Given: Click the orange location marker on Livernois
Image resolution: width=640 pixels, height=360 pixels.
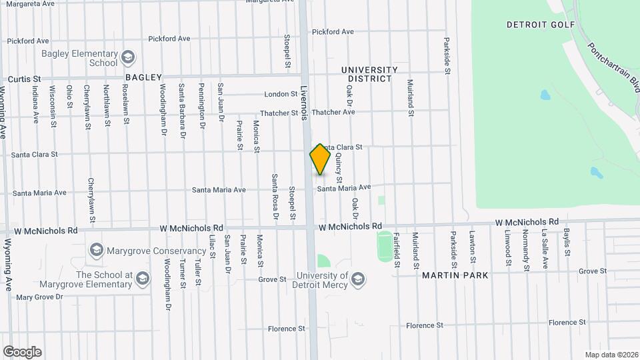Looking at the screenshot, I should (320, 159).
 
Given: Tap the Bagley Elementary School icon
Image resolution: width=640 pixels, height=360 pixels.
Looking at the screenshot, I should (127, 59).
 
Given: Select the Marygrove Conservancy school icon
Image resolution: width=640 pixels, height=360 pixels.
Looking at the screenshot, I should (97, 251).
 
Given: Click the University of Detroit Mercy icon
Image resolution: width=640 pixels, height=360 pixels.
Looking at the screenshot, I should (358, 279).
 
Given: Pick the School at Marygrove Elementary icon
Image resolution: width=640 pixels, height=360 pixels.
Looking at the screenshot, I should (142, 279).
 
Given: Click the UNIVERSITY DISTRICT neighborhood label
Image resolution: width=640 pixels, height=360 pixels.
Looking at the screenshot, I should (366, 74).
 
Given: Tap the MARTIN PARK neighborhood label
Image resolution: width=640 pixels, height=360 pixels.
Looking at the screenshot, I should (455, 275).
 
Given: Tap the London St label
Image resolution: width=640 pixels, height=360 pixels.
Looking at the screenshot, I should (280, 94).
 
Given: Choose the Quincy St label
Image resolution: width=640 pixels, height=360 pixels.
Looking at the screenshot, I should (339, 167).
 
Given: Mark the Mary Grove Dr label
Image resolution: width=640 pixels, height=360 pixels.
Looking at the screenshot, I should (39, 297).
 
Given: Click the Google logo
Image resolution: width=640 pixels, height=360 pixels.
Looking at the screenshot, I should (22, 351).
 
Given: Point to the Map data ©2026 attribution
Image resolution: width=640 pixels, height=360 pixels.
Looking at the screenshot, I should (610, 354).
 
